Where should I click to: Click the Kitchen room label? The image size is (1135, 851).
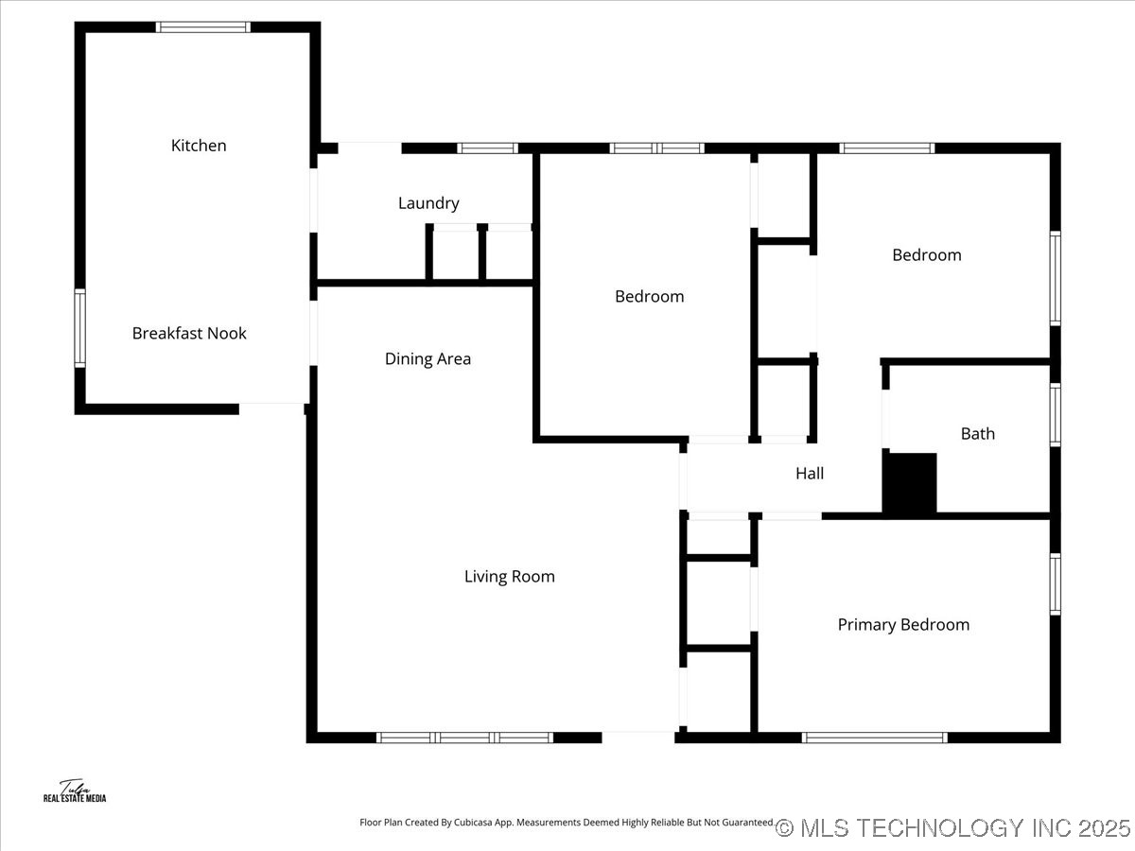[x=199, y=146]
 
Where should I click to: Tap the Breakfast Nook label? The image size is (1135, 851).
[x=189, y=333]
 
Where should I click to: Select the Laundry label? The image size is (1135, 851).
[x=428, y=203]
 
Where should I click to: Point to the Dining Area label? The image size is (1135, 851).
[x=428, y=358]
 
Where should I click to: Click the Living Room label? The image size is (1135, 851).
[x=509, y=576]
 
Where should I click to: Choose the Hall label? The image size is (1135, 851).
[x=810, y=474]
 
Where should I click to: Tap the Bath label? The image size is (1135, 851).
[x=978, y=433]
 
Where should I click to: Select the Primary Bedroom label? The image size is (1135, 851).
[x=903, y=625]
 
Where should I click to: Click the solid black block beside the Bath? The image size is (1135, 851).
[x=910, y=482]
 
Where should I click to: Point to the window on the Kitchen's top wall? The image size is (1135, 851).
[x=203, y=27]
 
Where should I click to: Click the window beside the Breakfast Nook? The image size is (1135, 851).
[x=80, y=328]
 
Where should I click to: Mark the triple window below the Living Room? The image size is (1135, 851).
[x=464, y=738]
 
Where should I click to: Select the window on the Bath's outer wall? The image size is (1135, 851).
[x=1056, y=414]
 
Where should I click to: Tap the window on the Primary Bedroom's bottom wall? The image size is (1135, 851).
[x=875, y=738]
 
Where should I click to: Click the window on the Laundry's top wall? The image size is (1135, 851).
[x=488, y=148]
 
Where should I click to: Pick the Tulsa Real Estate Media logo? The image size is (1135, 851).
[x=75, y=791]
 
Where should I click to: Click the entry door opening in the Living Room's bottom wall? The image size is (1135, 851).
[x=638, y=738]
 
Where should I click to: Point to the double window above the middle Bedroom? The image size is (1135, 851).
[x=656, y=148]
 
